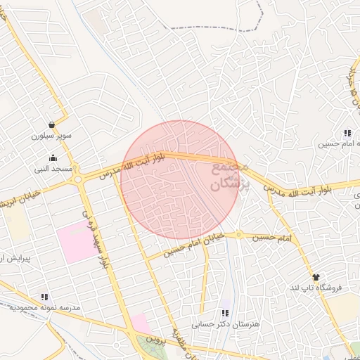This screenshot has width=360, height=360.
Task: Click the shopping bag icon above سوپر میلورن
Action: (51, 124)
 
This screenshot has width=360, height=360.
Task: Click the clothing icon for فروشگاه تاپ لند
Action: (315, 278)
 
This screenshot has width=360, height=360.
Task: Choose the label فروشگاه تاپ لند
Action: (315, 288)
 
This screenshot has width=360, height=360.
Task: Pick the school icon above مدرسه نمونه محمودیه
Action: (46, 297)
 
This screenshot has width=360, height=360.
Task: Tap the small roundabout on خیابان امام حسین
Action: (238, 234)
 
